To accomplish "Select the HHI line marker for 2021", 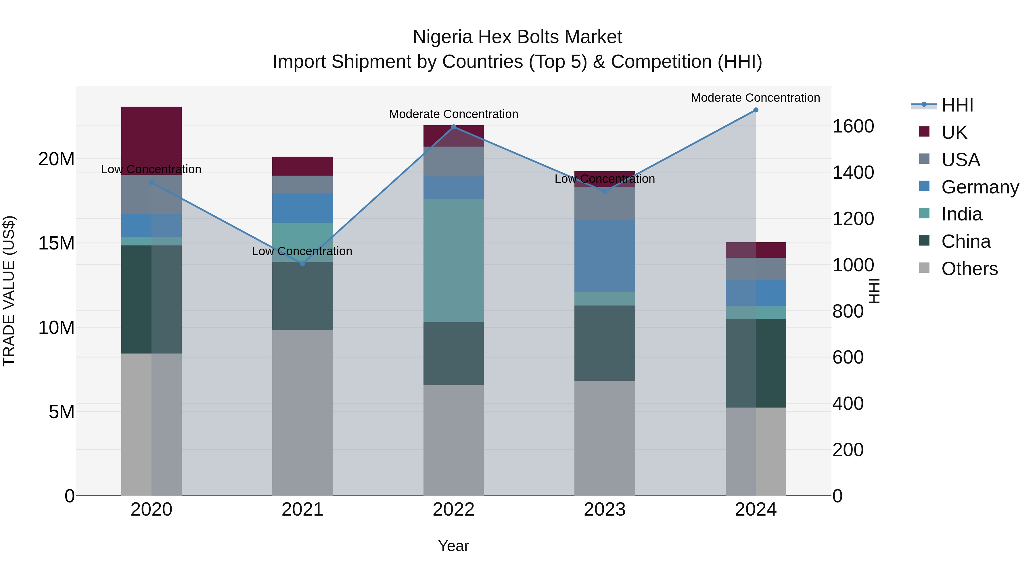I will [302, 264].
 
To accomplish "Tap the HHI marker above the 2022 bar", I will [454, 127].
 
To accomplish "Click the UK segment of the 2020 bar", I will [152, 141].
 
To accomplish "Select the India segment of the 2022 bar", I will [454, 260].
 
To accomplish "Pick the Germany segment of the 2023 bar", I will [604, 256].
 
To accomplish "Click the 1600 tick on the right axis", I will [853, 126].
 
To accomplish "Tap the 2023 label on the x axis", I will [604, 510].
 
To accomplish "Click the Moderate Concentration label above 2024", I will [755, 98].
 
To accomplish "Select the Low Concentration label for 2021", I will [302, 251].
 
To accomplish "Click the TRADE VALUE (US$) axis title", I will [9, 291].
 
